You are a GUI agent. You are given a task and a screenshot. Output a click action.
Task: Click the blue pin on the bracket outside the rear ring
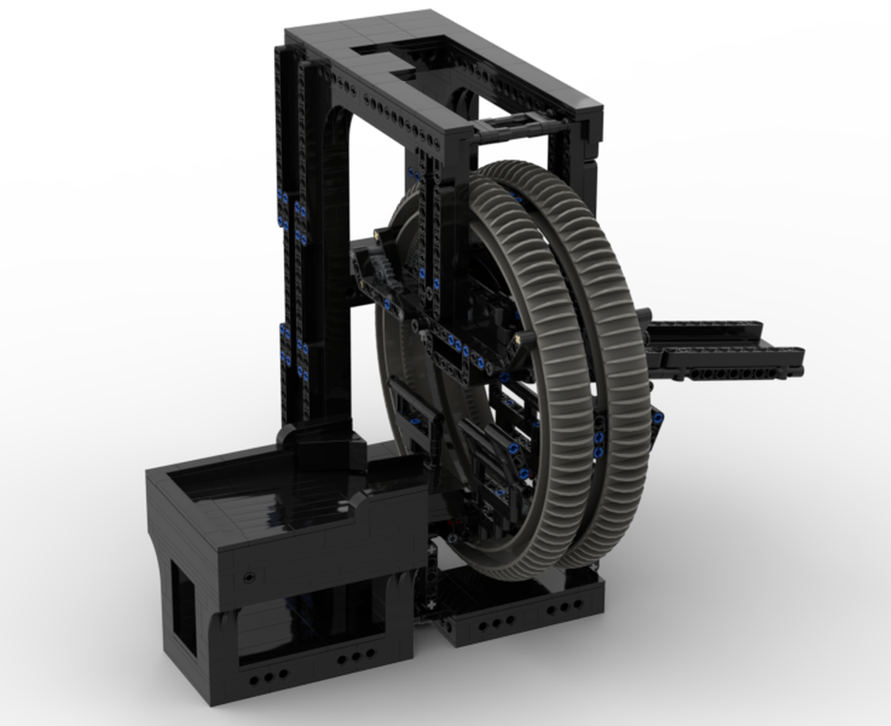(x=656, y=417)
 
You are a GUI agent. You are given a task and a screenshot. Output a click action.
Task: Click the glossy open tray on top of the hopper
(x=263, y=490)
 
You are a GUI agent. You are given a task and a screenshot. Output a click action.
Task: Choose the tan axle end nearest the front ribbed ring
(x=517, y=338)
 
